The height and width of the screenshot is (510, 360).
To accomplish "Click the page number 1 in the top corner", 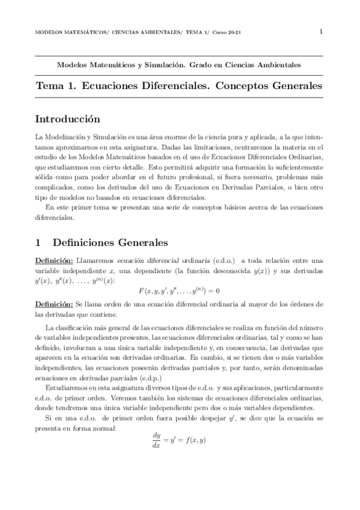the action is click(x=322, y=31).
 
